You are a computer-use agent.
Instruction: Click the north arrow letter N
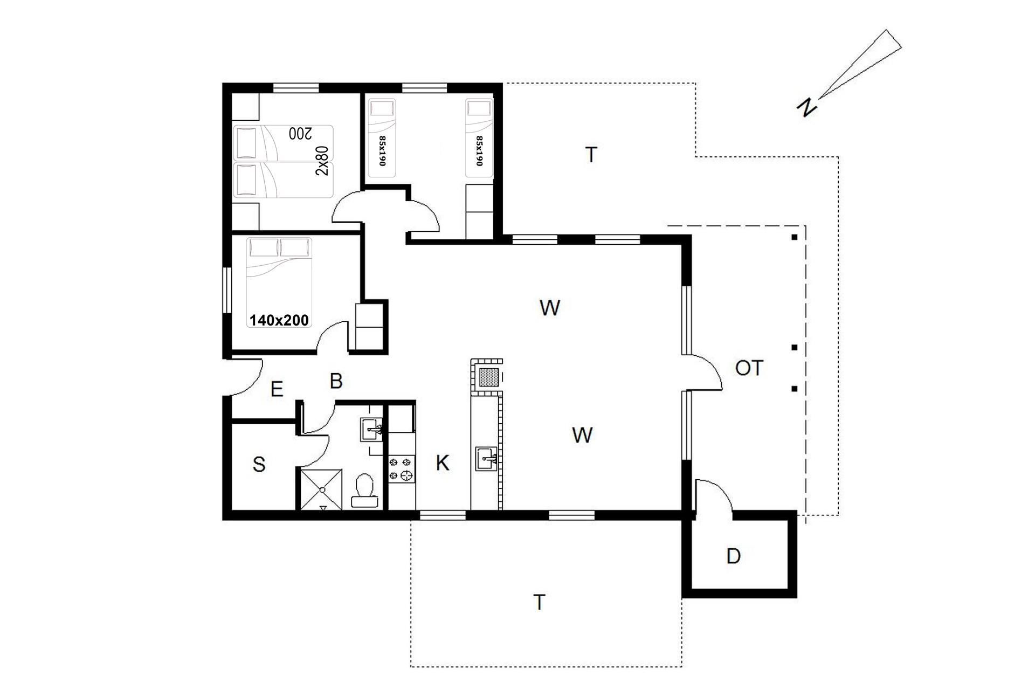coord(806,107)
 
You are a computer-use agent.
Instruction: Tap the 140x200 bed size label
coord(279,320)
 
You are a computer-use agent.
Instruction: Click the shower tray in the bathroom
coord(321,489)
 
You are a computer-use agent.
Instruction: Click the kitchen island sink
coord(487,458)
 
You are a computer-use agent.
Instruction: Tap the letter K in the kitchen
coord(443,463)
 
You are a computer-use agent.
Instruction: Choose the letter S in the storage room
coord(259,464)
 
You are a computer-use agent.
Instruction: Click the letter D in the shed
coord(733,556)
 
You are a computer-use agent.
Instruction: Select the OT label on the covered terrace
coord(749,368)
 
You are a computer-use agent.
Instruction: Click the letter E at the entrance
coord(277,389)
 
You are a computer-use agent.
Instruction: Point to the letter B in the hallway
coord(336,381)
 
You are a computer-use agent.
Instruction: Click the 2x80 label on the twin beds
coord(322,161)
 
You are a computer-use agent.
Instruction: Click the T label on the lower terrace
coord(539,602)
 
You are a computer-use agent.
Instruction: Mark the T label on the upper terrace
coord(591,155)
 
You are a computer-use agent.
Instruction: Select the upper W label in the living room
coord(549,308)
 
